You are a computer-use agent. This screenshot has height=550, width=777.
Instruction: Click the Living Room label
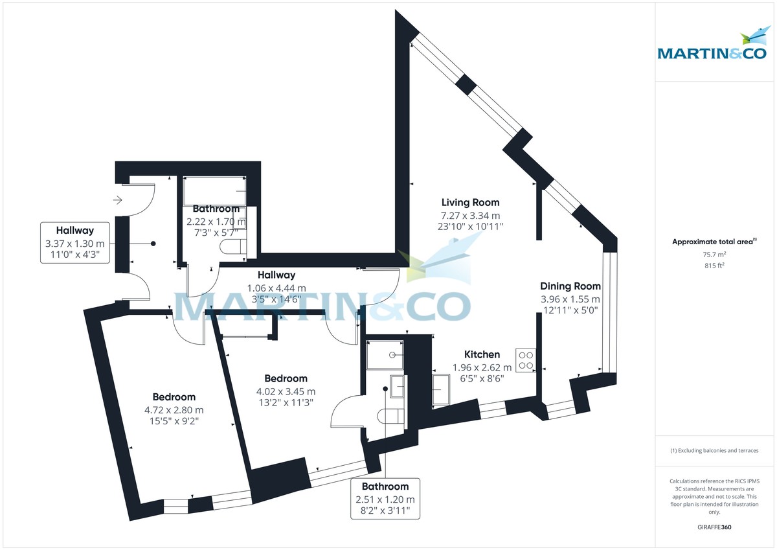[470, 203]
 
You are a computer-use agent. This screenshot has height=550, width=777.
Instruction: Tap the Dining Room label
[570, 286]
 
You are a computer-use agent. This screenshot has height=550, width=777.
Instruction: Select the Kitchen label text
[482, 354]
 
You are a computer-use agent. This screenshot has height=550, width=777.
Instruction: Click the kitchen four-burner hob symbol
[526, 359]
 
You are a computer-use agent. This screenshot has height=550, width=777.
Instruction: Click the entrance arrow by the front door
[118, 200]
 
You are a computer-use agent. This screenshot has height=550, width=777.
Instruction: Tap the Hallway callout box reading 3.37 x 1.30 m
[74, 243]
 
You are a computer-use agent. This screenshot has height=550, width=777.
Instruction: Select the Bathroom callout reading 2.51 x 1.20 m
[385, 499]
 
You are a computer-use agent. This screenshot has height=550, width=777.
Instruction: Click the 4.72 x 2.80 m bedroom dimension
[174, 410]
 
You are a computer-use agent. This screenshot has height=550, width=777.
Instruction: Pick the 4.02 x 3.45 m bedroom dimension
[286, 391]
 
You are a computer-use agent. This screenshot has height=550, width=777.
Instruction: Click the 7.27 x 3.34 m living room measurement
[470, 215]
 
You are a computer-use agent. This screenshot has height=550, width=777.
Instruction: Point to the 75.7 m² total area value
[714, 254]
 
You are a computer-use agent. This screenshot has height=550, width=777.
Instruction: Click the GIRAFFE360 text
[714, 527]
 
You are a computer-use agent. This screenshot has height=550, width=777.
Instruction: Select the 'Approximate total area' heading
[714, 241]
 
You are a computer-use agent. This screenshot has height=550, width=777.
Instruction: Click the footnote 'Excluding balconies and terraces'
[714, 450]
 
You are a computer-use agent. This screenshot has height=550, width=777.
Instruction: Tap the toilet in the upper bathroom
[233, 247]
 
